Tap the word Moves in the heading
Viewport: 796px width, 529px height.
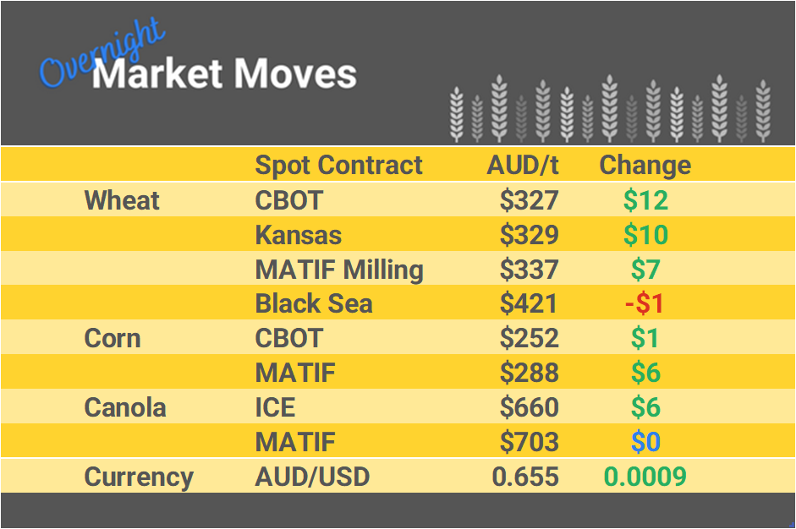[x=294, y=74]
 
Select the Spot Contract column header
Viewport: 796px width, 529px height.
[x=338, y=165]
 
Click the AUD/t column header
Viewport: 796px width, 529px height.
[x=523, y=165]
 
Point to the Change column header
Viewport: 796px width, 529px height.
[x=645, y=165]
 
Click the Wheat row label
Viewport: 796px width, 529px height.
[x=122, y=200]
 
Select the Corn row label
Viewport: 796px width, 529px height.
[x=113, y=338]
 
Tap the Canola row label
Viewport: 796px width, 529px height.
[x=125, y=407]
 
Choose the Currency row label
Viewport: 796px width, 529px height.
[x=139, y=477]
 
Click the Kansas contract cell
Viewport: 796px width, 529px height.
[x=299, y=235]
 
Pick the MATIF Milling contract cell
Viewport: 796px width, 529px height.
[x=339, y=270]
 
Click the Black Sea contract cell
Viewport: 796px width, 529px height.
[x=314, y=303]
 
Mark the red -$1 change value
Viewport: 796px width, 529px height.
[x=645, y=303]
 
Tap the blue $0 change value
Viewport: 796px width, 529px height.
[x=645, y=442]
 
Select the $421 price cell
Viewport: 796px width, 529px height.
[x=529, y=303]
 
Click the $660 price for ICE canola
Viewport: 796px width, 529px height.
[x=529, y=407]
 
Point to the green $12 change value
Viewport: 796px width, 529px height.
[x=645, y=200]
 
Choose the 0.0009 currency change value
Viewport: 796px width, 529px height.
[x=645, y=477]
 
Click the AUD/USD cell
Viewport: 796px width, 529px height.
[x=312, y=477]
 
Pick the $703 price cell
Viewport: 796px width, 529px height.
[x=529, y=442]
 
